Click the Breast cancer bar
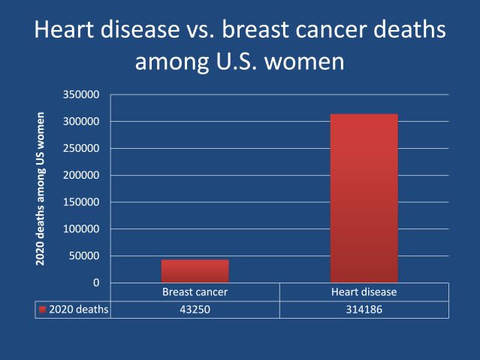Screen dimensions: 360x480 click(195, 271)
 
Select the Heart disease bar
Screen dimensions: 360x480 click(364, 198)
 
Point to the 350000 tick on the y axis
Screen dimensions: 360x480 click(84, 95)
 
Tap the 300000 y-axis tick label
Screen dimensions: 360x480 click(84, 122)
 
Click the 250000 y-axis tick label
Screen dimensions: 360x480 click(84, 148)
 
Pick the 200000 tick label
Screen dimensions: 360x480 click(84, 175)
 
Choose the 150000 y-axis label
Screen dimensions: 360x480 click(84, 202)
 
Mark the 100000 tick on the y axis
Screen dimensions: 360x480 click(84, 229)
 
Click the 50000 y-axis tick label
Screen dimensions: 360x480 click(87, 256)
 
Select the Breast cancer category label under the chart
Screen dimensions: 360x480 click(195, 292)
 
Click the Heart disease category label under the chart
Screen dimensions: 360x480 click(364, 292)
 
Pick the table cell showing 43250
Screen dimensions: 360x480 click(195, 309)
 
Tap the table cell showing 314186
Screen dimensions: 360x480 click(364, 309)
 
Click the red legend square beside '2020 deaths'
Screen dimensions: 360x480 click(43, 309)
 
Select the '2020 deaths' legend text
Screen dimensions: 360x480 click(79, 309)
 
